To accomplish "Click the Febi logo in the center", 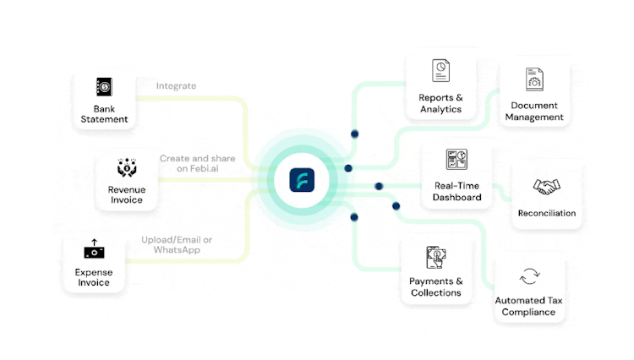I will [302, 180].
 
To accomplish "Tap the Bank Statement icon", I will [105, 86].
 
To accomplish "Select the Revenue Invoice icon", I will [127, 167].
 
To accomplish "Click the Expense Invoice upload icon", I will [94, 249].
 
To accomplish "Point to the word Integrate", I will [176, 85].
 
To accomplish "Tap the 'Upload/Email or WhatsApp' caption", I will [177, 245].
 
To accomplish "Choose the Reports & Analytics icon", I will [440, 70].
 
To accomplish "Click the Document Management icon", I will [534, 79].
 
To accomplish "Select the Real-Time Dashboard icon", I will [457, 160].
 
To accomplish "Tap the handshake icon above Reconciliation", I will [547, 187].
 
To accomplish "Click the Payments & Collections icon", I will [436, 256].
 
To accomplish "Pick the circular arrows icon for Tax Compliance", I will [529, 276].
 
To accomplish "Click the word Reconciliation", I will [547, 213].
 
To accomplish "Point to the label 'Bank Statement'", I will [105, 114].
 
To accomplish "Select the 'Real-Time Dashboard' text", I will [457, 191].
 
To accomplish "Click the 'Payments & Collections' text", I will [436, 286].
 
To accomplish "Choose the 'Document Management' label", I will [534, 112].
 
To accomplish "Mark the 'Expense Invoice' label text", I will [94, 277].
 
